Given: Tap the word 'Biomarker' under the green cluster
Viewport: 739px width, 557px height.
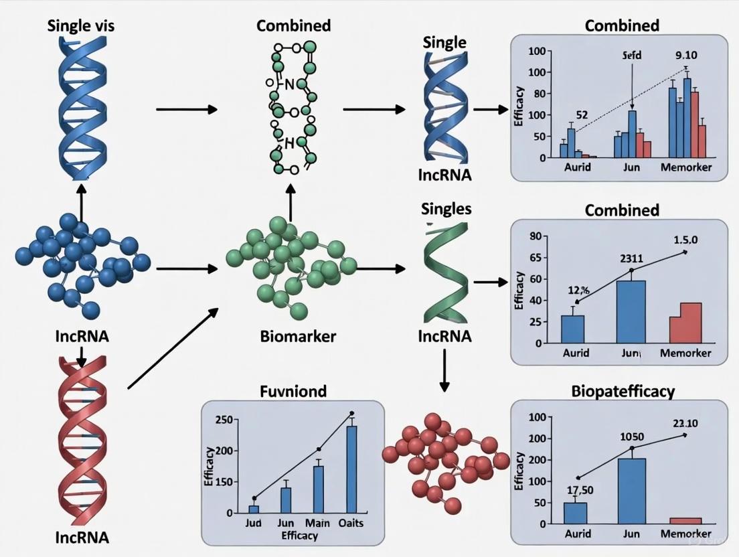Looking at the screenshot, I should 298,336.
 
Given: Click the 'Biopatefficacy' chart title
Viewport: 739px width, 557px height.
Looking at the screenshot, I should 622,391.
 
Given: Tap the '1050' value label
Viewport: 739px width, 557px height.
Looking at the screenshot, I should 631,436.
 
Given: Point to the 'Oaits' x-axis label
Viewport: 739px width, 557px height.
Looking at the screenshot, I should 349,523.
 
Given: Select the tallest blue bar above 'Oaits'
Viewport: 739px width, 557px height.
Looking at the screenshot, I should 351,469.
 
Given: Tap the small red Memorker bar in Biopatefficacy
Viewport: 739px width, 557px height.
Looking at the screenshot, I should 685,520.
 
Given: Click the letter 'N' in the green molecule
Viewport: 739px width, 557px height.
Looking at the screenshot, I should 289,84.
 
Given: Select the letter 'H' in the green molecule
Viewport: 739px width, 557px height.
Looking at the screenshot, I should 289,142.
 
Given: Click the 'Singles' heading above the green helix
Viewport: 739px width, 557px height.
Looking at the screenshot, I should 446,209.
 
